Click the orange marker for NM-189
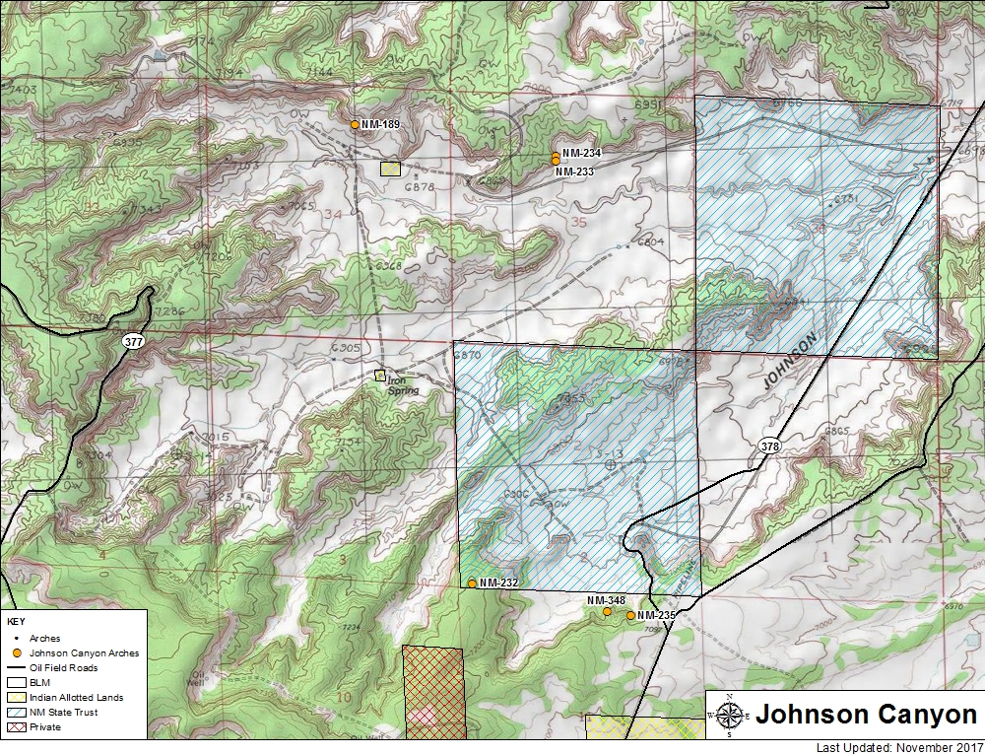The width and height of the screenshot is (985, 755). pyautogui.click(x=355, y=125)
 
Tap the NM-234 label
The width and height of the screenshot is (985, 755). pyautogui.click(x=577, y=154)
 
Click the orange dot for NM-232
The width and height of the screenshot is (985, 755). pyautogui.click(x=472, y=583)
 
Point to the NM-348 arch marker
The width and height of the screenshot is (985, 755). pyautogui.click(x=607, y=612)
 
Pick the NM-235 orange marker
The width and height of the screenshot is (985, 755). pyautogui.click(x=630, y=615)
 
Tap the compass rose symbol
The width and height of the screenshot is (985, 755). pyautogui.click(x=729, y=716)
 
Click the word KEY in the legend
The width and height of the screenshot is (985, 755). pyautogui.click(x=16, y=623)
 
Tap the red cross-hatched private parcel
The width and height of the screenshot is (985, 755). pyautogui.click(x=432, y=690)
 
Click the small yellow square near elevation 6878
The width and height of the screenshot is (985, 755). pyautogui.click(x=391, y=169)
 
